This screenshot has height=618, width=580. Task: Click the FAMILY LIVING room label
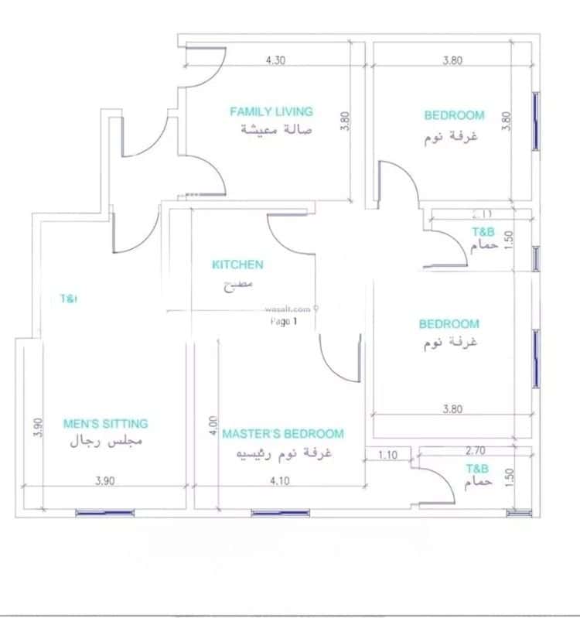(271, 112)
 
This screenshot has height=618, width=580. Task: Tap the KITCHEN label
(237, 265)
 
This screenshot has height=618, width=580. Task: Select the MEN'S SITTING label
(105, 424)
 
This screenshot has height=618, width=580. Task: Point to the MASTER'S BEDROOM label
(283, 434)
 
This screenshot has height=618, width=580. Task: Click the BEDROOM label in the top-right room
(454, 116)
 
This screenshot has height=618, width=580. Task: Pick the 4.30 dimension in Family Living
(275, 60)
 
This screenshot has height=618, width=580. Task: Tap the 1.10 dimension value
(388, 456)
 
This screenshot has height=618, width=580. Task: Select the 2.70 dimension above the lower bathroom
(476, 449)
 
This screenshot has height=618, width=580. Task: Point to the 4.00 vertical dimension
(213, 426)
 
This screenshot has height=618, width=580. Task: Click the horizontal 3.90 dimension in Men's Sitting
(105, 480)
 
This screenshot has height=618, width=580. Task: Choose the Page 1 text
(284, 321)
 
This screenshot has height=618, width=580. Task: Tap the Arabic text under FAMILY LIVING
(275, 129)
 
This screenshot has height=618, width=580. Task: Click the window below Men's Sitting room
(104, 512)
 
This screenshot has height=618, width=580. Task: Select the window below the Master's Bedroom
(280, 512)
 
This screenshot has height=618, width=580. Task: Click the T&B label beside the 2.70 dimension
(477, 469)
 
